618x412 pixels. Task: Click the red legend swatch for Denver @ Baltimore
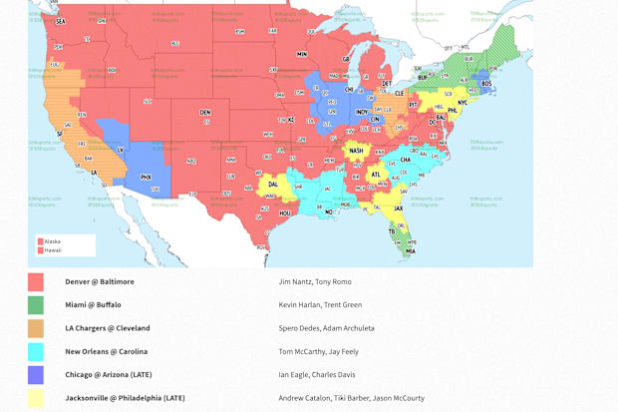(36, 282)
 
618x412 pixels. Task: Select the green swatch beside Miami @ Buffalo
(36, 305)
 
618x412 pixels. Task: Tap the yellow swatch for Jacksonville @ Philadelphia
(36, 398)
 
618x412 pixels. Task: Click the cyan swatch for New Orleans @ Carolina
(36, 352)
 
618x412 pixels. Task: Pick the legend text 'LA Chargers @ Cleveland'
(108, 328)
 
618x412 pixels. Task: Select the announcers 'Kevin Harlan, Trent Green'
(320, 305)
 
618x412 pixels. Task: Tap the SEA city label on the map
(60, 21)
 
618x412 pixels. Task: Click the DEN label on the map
(205, 112)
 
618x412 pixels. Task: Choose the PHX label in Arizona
(146, 177)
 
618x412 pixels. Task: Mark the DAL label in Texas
(274, 184)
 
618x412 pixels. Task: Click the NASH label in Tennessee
(356, 151)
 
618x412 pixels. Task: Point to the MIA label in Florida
(410, 251)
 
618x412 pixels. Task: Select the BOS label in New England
(486, 84)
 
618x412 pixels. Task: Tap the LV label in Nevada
(121, 150)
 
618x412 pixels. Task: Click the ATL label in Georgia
(375, 176)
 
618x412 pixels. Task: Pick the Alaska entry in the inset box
(52, 240)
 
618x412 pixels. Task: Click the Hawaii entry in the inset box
(52, 249)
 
